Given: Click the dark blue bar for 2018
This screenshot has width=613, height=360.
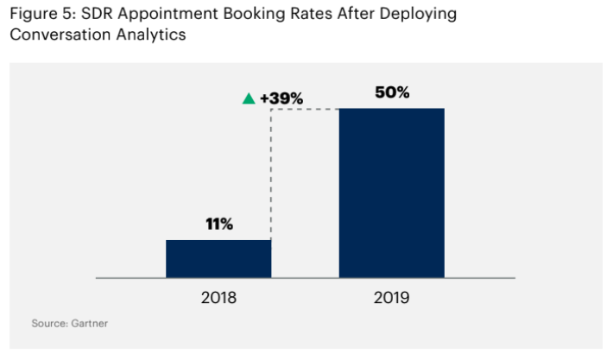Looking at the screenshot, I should [218, 258].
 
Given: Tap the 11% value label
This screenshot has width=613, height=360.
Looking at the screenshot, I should [218, 224].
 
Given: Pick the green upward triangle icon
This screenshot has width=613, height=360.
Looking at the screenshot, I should [249, 98].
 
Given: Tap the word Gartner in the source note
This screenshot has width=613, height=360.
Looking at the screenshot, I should [89, 323].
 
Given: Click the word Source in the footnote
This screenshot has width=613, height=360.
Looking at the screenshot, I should [49, 323].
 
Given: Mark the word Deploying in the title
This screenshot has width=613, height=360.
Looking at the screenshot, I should [416, 15].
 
